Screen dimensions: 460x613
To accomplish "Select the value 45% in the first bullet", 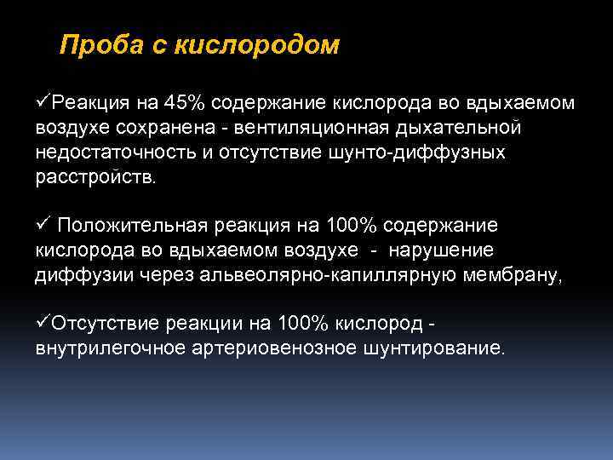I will [184, 103].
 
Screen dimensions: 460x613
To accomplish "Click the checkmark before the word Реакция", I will [43, 103].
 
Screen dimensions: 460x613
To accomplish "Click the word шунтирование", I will [431, 348].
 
